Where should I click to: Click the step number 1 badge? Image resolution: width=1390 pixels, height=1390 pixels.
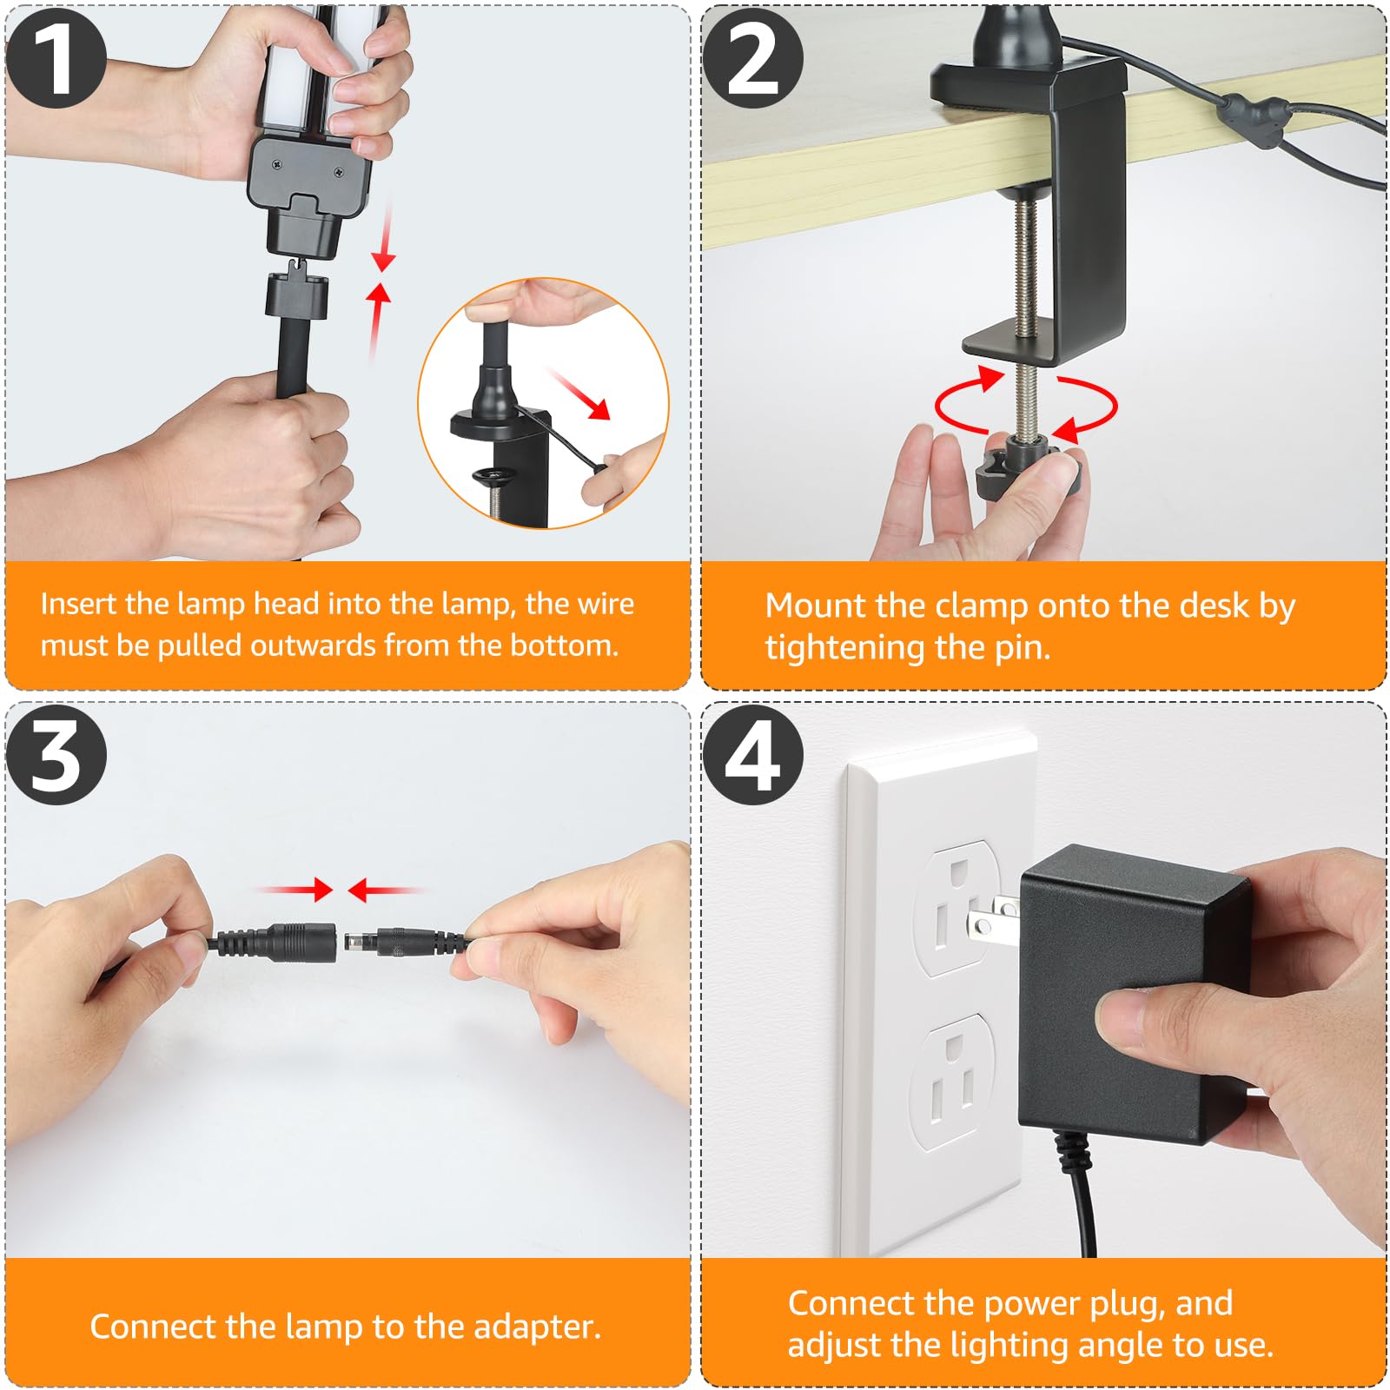pyautogui.click(x=56, y=57)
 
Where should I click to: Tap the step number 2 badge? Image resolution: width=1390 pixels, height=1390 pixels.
pyautogui.click(x=752, y=57)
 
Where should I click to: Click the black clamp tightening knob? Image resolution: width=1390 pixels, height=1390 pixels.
pyautogui.click(x=1028, y=470)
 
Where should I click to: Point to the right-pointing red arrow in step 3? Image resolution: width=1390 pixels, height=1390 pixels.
pyautogui.click(x=295, y=890)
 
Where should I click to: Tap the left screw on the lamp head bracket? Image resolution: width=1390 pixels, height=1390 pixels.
pyautogui.click(x=276, y=162)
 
